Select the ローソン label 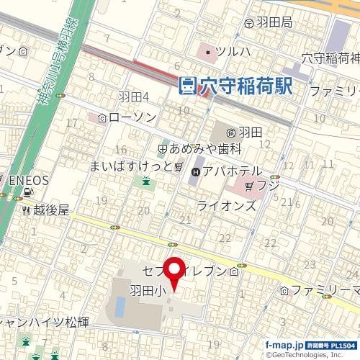tap(129, 117)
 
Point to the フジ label tap(269, 186)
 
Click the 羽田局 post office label tap(276, 23)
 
